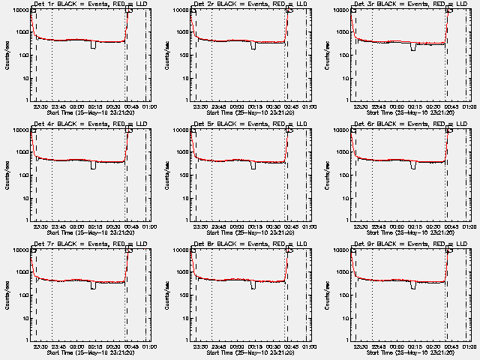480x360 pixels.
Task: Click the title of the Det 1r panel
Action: point(90,4)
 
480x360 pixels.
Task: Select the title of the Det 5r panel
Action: point(250,124)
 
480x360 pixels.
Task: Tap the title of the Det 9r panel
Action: point(409,244)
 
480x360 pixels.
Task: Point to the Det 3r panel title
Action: point(409,4)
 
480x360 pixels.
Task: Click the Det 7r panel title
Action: point(90,244)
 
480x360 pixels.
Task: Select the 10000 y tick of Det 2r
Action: point(180,10)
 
